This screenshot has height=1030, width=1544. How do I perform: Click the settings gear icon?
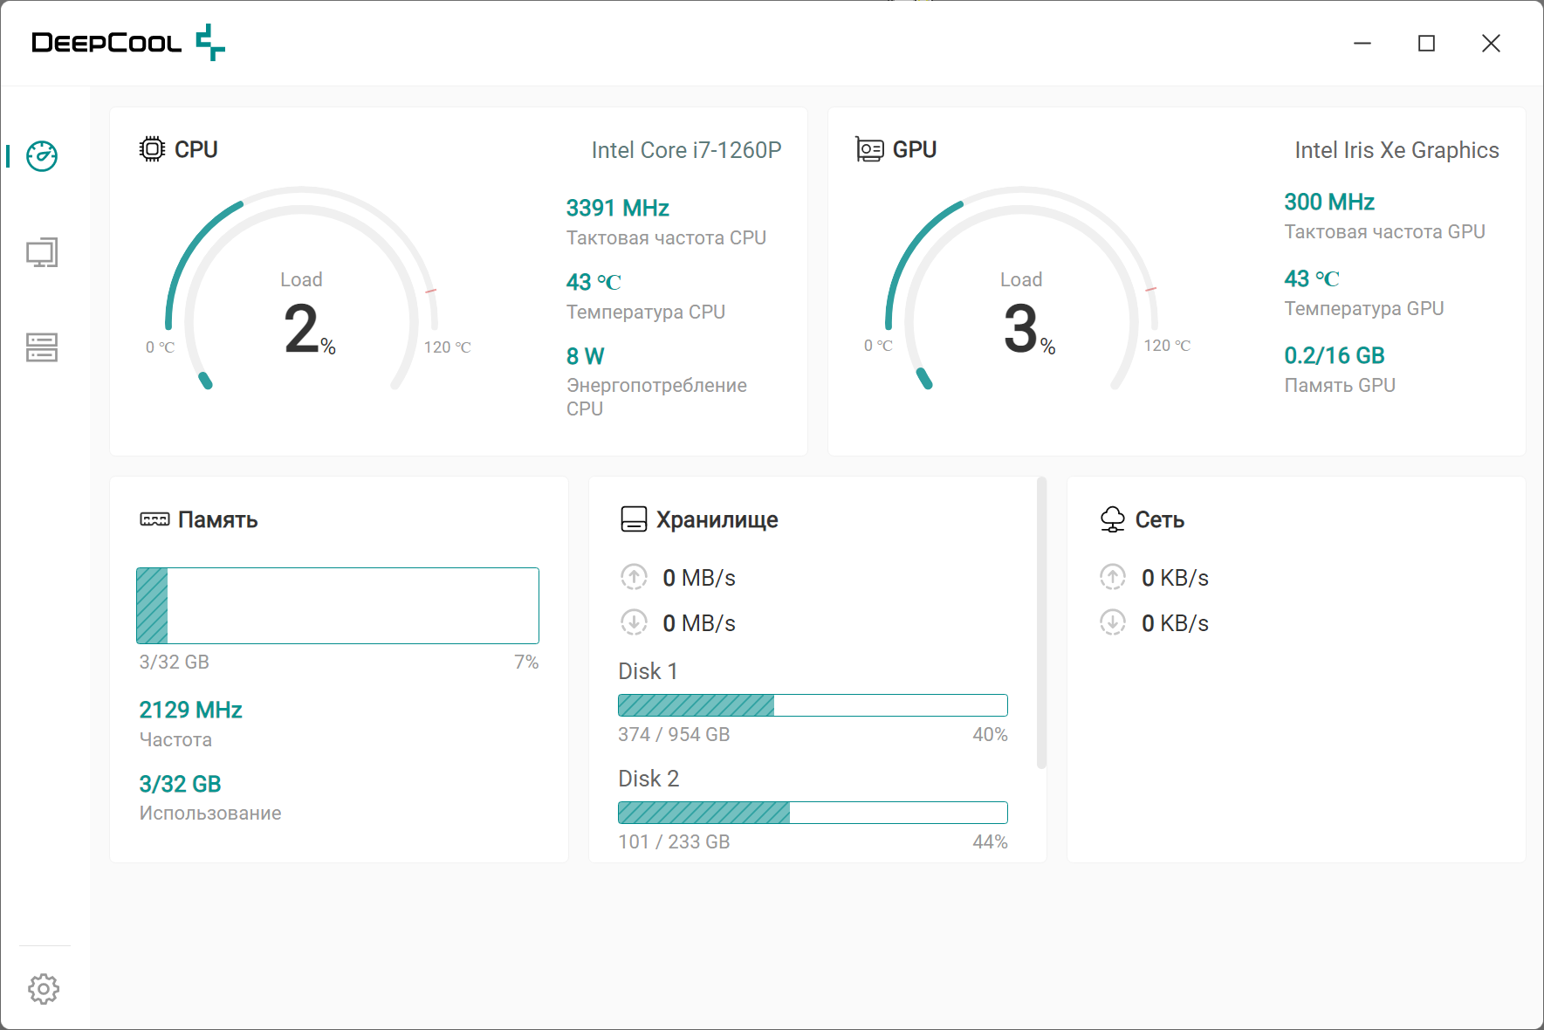pos(43,989)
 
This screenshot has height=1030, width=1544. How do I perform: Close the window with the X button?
pos(1491,44)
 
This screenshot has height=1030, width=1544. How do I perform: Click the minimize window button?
pos(1362,44)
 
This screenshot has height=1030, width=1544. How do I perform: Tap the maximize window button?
pos(1426,44)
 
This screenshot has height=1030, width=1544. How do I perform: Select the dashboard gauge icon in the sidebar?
pos(42,156)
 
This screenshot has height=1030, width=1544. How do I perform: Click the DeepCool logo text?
pos(106,43)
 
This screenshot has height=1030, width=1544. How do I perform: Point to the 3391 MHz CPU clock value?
pos(617,209)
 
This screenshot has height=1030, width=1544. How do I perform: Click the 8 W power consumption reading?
pos(585,356)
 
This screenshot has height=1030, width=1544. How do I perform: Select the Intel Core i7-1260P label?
pos(686,150)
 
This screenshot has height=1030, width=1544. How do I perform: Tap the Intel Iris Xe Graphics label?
pos(1396,150)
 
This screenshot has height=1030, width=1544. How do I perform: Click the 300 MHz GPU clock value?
pos(1328,203)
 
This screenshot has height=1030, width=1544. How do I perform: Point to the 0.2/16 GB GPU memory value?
pos(1334,356)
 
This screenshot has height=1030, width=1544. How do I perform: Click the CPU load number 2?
pos(302,329)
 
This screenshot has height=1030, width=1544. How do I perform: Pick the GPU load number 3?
pos(1021,329)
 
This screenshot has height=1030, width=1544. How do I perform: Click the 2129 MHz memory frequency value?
pos(190,710)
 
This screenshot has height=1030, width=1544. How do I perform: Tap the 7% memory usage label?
pos(526,663)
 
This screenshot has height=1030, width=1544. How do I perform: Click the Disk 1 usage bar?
pos(812,705)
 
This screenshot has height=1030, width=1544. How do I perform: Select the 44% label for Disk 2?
pos(990,842)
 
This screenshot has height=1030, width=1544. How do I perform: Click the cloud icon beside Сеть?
pos(1112,519)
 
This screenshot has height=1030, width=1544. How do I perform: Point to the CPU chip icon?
pos(152,149)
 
